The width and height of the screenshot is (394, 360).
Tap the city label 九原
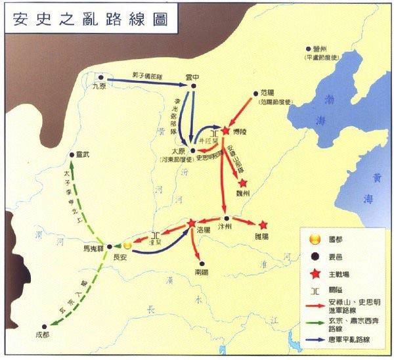pos(98,85)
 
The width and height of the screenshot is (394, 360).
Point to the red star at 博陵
pos(225,131)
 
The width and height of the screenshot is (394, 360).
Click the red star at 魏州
pos(243,183)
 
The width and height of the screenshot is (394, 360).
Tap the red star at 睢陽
pos(263,224)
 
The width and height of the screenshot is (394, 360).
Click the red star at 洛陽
pos(191,224)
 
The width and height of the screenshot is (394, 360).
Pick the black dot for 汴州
pos(226,218)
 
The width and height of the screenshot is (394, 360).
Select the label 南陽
pos(202,270)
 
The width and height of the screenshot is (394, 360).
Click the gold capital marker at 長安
pos(128,245)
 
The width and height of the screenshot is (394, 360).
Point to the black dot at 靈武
pos(72,156)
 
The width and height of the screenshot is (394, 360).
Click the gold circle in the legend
pos(315,237)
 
